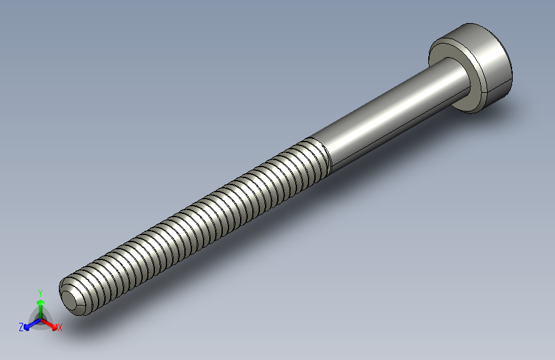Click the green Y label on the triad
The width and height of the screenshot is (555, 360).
[40, 292]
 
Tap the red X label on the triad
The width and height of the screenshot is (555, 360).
[60, 328]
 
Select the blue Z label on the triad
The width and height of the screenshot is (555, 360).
[21, 327]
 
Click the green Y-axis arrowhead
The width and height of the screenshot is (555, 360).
[40, 302]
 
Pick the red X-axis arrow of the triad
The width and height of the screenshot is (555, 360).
[51, 323]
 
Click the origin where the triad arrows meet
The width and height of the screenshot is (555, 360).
[40, 318]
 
